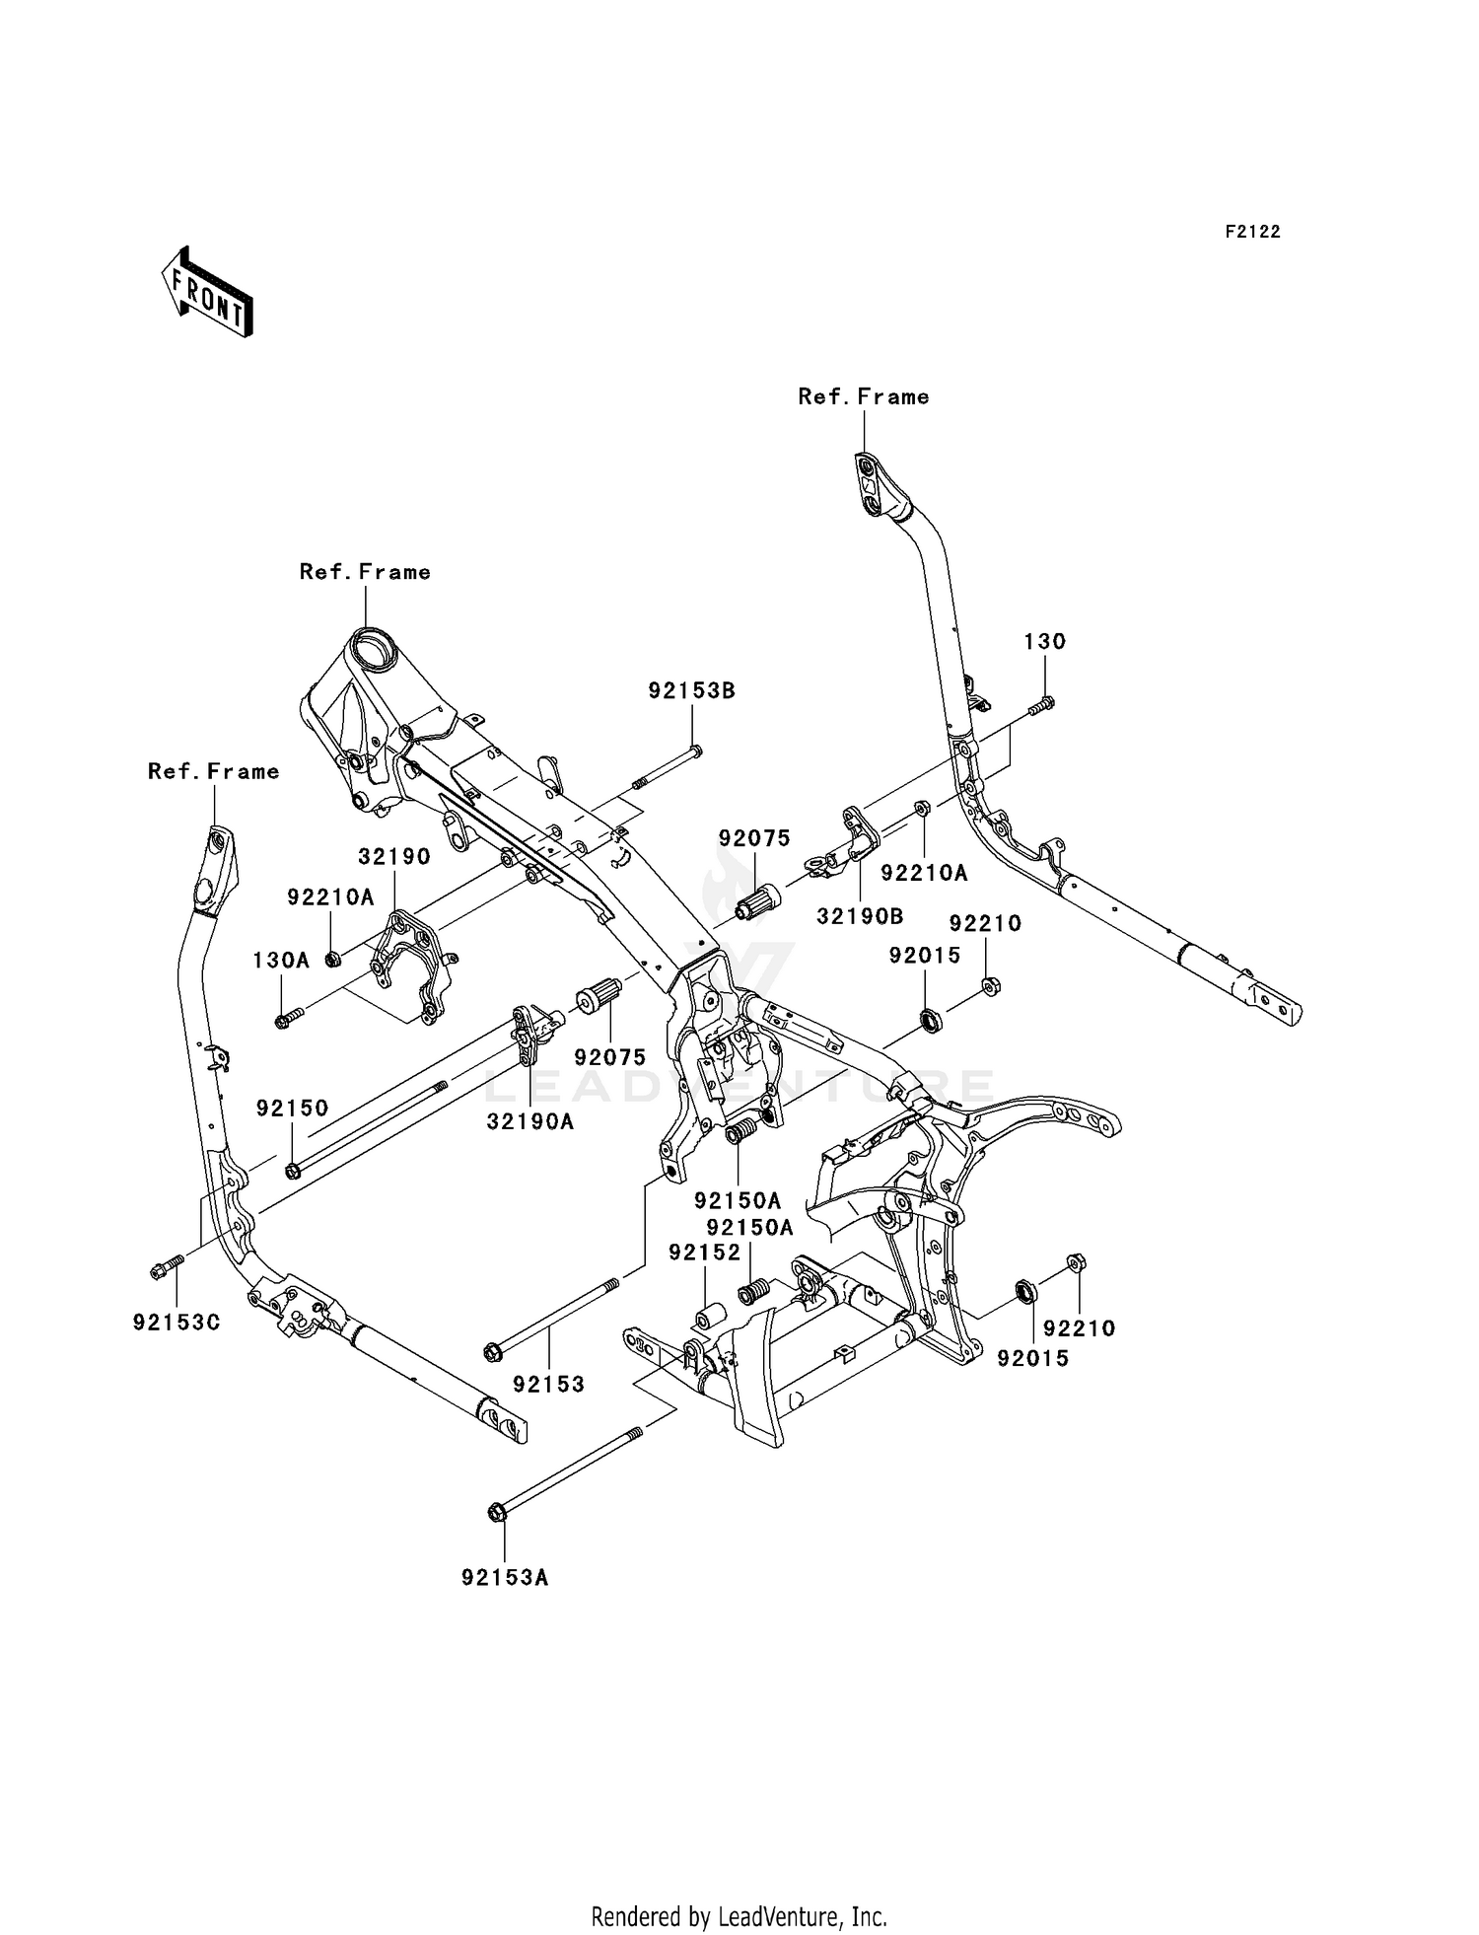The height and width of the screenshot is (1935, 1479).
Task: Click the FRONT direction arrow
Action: pos(208,292)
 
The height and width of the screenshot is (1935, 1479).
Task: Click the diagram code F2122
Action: pos(1252,232)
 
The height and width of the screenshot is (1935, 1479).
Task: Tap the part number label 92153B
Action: pos(691,691)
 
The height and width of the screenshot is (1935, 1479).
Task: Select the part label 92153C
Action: pos(176,1323)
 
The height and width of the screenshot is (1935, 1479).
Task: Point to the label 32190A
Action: pos(530,1121)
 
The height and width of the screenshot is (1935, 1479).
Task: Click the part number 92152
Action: pos(704,1253)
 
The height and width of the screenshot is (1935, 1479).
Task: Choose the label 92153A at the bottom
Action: pos(505,1578)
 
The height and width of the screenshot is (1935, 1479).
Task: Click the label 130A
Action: pos(281,960)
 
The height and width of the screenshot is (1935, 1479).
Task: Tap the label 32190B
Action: pos(860,916)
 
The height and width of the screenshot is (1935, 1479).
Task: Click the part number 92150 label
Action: pos(292,1108)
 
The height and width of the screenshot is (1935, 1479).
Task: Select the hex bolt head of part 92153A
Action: pos(496,1512)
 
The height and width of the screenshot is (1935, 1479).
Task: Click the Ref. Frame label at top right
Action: pos(864,396)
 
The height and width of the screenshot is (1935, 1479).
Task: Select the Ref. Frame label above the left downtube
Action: pos(214,771)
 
